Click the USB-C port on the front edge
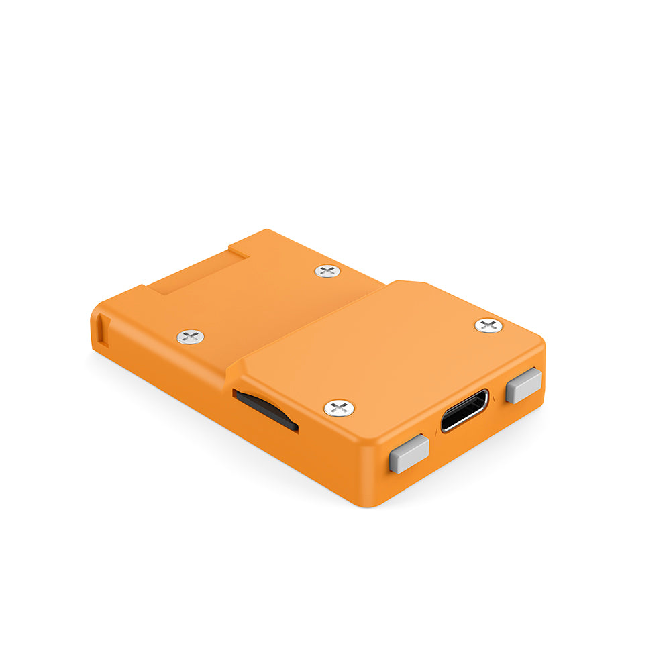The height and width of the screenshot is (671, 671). point(464,410)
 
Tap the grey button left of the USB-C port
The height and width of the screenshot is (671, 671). point(409,453)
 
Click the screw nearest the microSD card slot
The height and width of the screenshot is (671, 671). point(339,407)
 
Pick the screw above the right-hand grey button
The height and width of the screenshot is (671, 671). point(488,326)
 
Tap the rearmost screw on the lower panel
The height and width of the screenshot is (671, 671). point(327,271)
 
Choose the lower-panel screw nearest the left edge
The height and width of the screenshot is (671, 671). point(191,337)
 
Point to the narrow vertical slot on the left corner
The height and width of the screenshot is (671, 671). point(101,330)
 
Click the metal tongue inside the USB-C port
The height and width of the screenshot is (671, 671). point(464,411)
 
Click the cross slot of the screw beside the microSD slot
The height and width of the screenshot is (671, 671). point(339,407)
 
